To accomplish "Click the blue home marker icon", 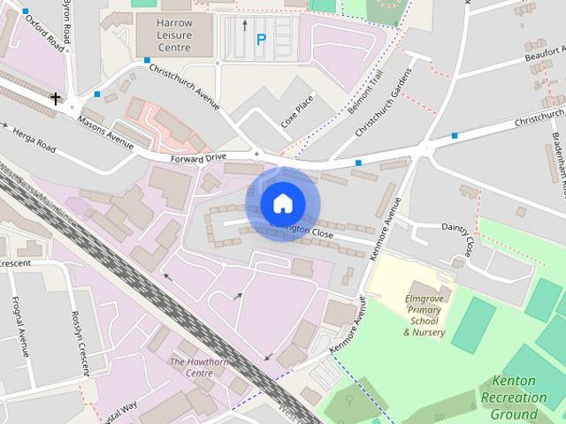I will click(x=282, y=204).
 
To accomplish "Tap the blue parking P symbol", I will click(x=261, y=39).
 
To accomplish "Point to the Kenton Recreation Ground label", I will click(x=518, y=397).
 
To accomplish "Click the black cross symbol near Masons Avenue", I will click(x=57, y=98).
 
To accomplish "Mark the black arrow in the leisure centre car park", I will click(x=245, y=25).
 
